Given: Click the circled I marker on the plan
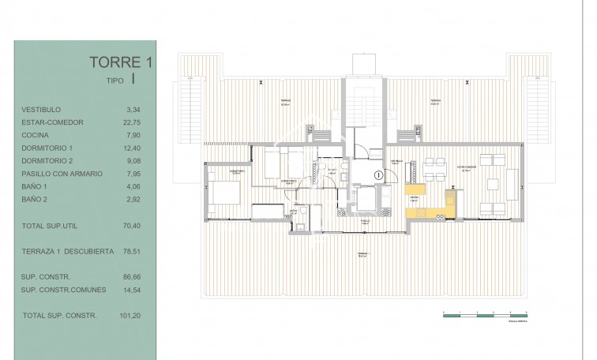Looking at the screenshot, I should [379, 174].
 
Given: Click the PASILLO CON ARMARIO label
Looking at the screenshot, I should [63, 173].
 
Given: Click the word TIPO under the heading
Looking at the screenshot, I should [116, 80].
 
